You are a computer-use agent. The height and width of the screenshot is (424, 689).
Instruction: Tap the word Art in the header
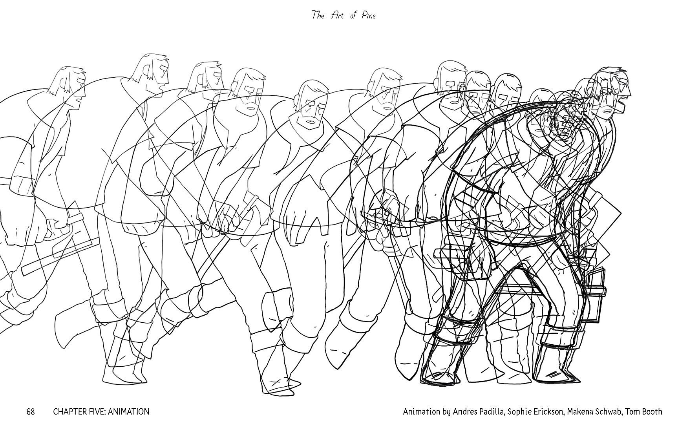(337, 15)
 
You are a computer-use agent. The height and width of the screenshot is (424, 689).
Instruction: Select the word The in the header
(318, 15)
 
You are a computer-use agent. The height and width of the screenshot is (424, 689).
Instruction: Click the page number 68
(31, 411)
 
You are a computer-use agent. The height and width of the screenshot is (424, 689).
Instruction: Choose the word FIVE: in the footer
(98, 411)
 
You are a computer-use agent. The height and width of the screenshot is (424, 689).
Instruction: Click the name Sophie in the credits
(519, 412)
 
